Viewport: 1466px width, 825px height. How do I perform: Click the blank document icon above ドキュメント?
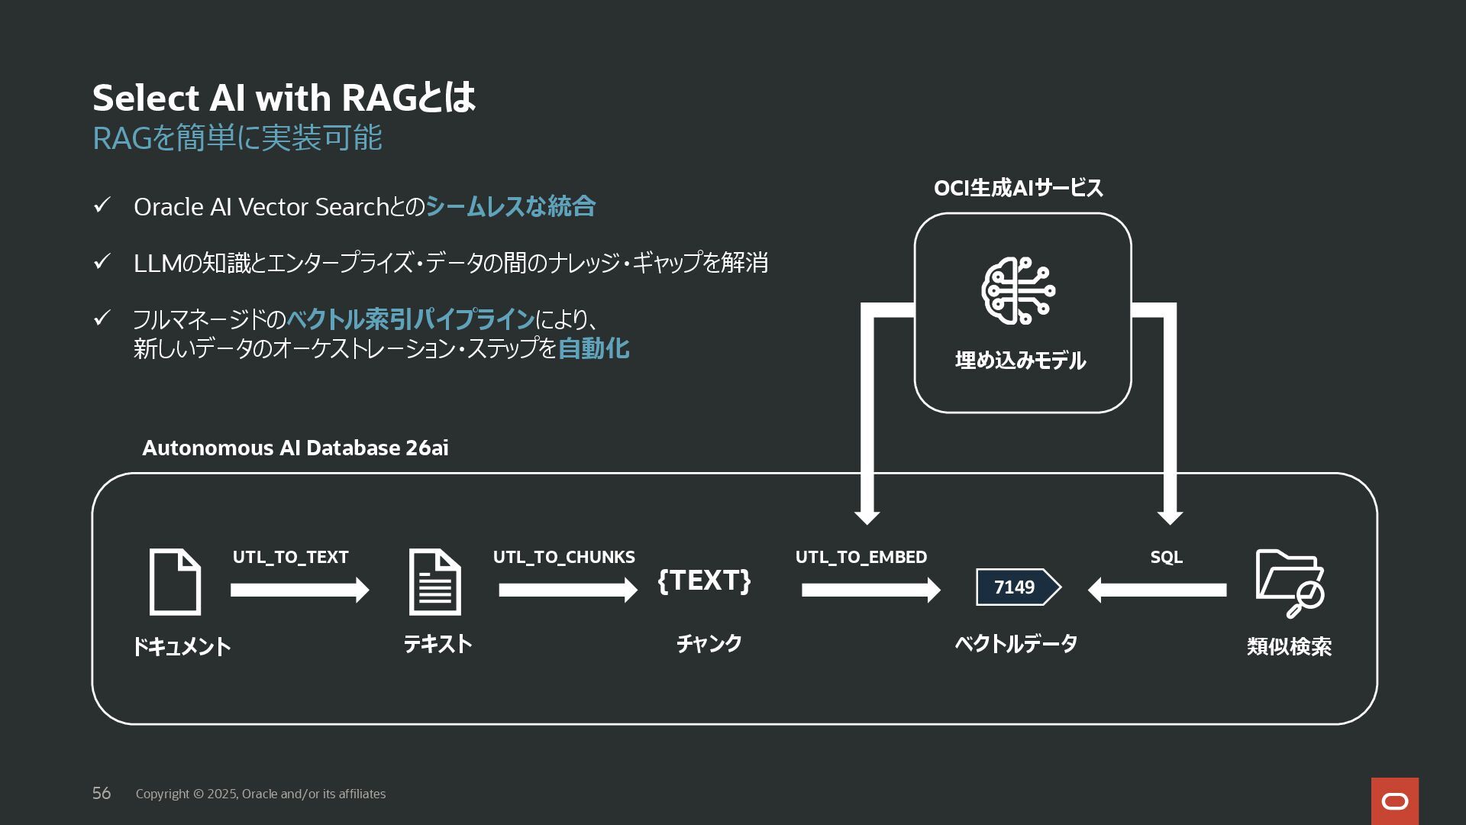(x=175, y=582)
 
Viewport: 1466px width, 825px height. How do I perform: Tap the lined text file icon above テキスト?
(x=435, y=582)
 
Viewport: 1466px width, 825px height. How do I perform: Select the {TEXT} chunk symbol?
(x=704, y=581)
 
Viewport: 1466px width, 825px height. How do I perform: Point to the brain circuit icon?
(x=1019, y=291)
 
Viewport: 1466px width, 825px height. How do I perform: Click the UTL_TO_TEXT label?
(x=290, y=558)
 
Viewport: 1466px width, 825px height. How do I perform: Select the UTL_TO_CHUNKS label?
(x=563, y=558)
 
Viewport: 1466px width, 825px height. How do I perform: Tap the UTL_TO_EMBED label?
(x=861, y=558)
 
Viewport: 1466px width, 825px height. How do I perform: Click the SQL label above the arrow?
(x=1166, y=558)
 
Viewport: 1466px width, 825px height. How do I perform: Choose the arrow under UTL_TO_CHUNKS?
(x=567, y=590)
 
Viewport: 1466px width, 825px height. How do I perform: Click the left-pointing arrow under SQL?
(x=1157, y=590)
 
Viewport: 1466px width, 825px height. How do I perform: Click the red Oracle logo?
(x=1394, y=801)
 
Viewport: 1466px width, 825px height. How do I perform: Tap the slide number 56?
(x=102, y=794)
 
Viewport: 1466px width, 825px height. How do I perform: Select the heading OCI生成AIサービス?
(x=1018, y=188)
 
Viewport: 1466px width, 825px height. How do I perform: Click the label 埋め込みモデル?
(x=1020, y=361)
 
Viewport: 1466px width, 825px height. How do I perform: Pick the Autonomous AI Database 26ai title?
(x=295, y=448)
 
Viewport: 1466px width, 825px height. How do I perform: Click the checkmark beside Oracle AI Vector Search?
(x=102, y=205)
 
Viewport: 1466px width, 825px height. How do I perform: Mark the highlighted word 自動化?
(x=593, y=349)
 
